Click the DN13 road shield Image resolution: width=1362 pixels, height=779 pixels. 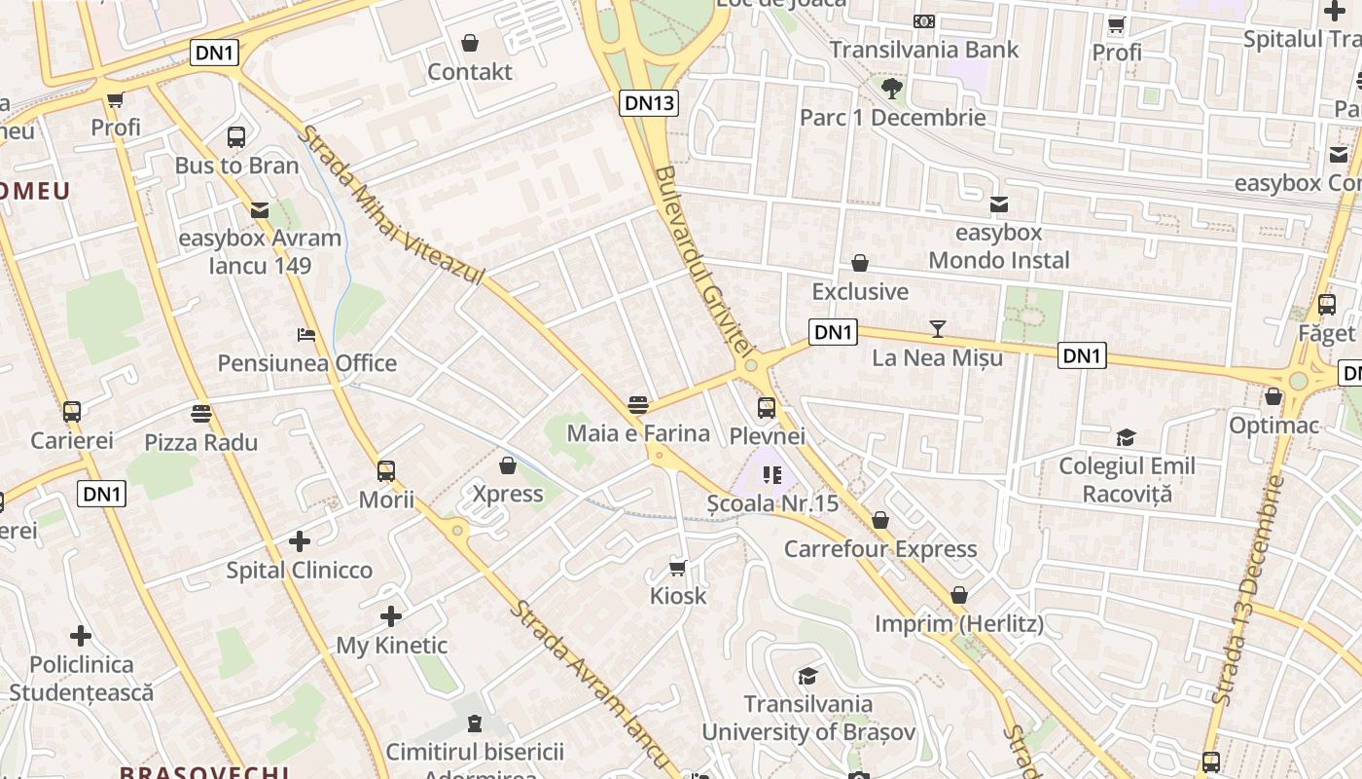(x=649, y=102)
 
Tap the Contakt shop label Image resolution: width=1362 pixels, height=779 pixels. (x=470, y=71)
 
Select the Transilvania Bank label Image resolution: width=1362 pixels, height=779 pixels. (x=924, y=50)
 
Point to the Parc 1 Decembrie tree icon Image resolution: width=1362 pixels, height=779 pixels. (x=891, y=89)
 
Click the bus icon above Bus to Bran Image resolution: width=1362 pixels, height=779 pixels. (x=236, y=136)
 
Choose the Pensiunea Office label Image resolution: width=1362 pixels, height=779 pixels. (x=307, y=363)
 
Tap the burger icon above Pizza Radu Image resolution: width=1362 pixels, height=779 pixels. (x=201, y=414)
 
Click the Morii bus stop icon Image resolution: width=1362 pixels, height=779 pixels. (x=386, y=471)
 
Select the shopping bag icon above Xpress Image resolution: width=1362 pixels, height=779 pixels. (x=507, y=465)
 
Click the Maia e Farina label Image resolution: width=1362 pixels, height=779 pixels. (x=638, y=432)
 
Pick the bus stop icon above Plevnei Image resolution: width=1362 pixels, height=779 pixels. (x=767, y=407)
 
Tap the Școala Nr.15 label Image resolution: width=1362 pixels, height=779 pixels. (x=772, y=503)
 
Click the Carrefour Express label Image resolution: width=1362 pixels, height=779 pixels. (x=880, y=548)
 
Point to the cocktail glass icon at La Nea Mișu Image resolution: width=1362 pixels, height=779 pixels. (x=937, y=329)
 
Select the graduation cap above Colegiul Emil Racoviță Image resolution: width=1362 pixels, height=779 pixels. (x=1126, y=437)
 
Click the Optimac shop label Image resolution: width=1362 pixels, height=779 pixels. (x=1272, y=425)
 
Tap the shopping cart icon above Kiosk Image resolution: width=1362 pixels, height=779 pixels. (x=678, y=568)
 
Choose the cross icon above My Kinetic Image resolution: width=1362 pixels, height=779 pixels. (x=391, y=616)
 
